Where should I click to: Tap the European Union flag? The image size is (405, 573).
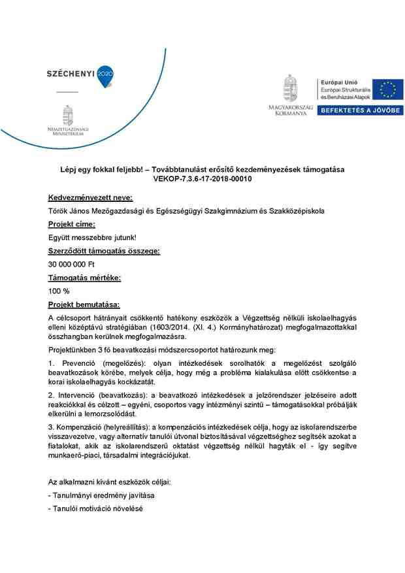pyautogui.click(x=388, y=90)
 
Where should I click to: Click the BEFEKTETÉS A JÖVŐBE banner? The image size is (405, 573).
pyautogui.click(x=360, y=110)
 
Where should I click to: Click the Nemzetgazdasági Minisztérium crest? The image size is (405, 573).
pyautogui.click(x=67, y=116)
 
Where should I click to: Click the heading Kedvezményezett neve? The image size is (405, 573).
pyautogui.click(x=90, y=197)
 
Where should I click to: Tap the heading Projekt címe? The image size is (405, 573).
pyautogui.click(x=71, y=224)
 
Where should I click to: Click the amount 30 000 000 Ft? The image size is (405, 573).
pyautogui.click(x=72, y=265)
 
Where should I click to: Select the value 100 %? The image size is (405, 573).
pyautogui.click(x=59, y=291)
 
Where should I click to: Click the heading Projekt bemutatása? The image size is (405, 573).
pyautogui.click(x=84, y=304)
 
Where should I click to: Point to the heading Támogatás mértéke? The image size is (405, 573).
pyautogui.click(x=84, y=278)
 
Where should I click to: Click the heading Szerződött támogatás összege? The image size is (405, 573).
pyautogui.click(x=104, y=251)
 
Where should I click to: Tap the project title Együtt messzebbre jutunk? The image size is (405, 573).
pyautogui.click(x=92, y=237)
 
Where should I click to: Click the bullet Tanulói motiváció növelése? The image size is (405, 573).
pyautogui.click(x=95, y=508)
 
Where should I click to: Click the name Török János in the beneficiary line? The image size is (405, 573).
pyautogui.click(x=71, y=210)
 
